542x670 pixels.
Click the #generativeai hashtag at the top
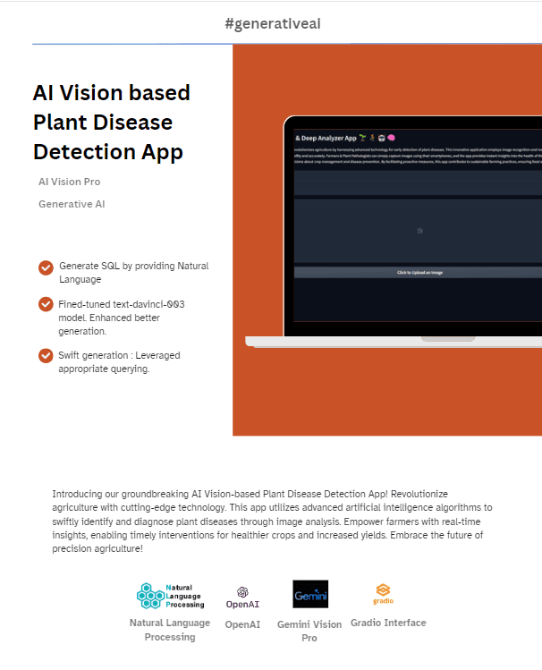coord(273,23)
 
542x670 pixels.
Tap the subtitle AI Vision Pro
coord(69,182)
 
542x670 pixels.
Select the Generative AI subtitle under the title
coord(72,204)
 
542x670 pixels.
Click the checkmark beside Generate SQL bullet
coord(46,267)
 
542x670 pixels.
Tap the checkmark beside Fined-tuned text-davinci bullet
coord(46,304)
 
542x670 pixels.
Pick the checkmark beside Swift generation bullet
coord(46,356)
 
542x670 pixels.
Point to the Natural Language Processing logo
coord(170,596)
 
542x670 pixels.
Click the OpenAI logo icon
coord(242,592)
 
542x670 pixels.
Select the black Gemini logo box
coord(310,595)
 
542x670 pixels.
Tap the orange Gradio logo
coord(383,590)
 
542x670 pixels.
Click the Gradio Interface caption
coord(388,623)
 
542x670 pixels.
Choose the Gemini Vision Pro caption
coord(309,631)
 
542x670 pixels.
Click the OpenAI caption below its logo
coord(242,624)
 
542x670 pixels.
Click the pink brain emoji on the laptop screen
coord(392,138)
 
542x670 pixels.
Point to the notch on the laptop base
coord(447,339)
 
